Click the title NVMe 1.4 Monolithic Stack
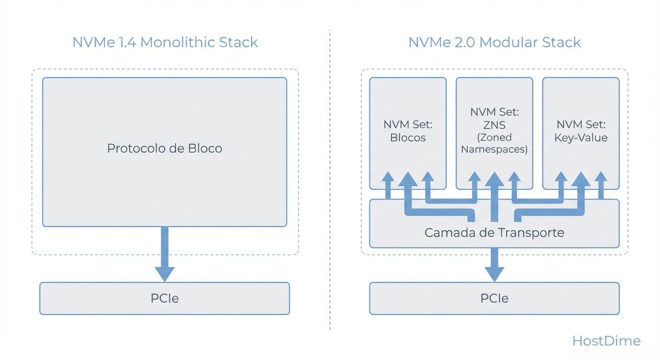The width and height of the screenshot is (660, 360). tap(165, 42)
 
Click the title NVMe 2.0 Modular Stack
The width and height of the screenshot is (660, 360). tap(495, 42)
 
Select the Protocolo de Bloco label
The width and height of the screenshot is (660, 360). tap(165, 149)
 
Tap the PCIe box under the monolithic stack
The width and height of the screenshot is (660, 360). tap(165, 298)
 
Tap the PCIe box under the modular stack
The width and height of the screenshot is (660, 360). tap(495, 298)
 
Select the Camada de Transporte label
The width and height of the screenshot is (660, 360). tap(495, 232)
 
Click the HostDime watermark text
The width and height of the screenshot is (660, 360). tap(606, 341)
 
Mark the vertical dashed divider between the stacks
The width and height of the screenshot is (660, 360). tap(330, 178)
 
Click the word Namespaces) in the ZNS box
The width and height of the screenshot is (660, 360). tap(495, 150)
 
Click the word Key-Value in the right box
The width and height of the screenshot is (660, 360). tap(581, 138)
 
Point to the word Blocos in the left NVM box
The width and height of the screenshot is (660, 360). tap(408, 138)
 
